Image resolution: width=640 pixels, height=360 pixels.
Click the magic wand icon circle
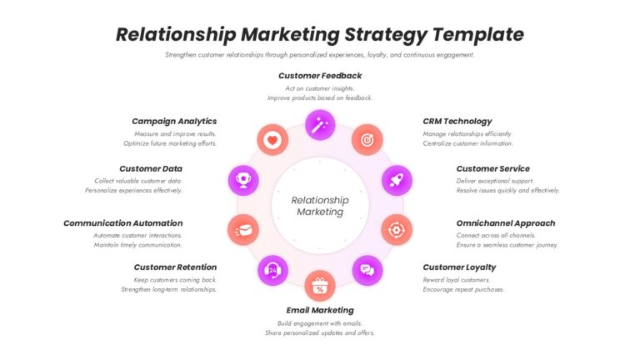320,125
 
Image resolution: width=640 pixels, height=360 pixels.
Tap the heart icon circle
272,140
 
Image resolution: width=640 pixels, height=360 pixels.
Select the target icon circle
367,140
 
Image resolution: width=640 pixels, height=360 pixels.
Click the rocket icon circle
397,180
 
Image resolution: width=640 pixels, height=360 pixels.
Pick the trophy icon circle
243,180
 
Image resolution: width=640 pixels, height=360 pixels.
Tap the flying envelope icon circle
243,230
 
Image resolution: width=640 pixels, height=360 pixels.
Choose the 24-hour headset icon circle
272,270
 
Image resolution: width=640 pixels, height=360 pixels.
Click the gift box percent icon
320,285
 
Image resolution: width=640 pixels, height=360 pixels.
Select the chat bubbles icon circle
367,270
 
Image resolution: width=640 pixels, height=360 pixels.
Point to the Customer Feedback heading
320,76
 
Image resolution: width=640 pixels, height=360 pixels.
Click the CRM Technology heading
457,121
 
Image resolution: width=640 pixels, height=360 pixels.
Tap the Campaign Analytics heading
174,121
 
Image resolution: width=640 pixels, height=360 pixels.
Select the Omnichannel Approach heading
506,223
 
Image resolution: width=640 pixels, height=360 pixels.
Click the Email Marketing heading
320,310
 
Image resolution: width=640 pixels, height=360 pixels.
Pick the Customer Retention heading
176,267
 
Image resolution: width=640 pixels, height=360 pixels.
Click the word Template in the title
478,34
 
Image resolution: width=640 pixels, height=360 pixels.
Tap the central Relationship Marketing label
320,206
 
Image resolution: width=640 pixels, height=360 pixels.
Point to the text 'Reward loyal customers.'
457,280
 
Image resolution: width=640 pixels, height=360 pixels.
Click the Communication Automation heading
123,223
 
